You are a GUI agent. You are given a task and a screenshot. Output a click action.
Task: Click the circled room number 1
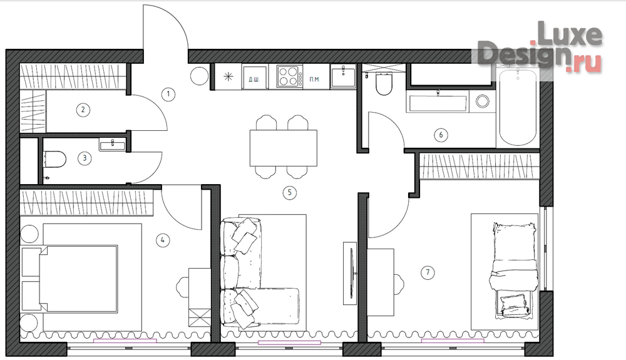tap(168, 95)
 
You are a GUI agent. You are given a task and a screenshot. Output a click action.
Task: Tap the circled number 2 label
tap(83, 110)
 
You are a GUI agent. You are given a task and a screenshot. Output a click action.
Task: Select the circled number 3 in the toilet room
tap(85, 158)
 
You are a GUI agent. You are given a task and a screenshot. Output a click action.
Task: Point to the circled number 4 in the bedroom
tap(163, 240)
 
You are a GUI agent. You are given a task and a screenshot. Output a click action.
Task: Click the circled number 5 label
tap(289, 193)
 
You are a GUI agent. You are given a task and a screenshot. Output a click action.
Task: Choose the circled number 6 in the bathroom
tap(441, 135)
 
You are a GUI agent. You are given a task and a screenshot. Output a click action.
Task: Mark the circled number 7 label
tap(428, 272)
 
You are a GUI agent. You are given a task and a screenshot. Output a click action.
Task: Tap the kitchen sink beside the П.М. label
tap(343, 76)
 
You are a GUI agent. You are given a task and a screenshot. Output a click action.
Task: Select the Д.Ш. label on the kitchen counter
tap(254, 80)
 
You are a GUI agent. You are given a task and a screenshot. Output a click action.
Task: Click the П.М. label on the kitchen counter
tap(315, 80)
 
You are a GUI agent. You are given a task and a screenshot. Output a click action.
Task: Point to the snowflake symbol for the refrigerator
tap(228, 76)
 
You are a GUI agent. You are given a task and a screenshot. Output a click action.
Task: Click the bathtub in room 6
tap(518, 108)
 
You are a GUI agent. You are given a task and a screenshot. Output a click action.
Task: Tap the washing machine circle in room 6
tap(482, 101)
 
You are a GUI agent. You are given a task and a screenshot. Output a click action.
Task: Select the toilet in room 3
tap(54, 160)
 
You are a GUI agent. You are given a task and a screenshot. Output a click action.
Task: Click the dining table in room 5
tap(284, 148)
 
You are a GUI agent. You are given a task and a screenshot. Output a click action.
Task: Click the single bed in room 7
tap(514, 271)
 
